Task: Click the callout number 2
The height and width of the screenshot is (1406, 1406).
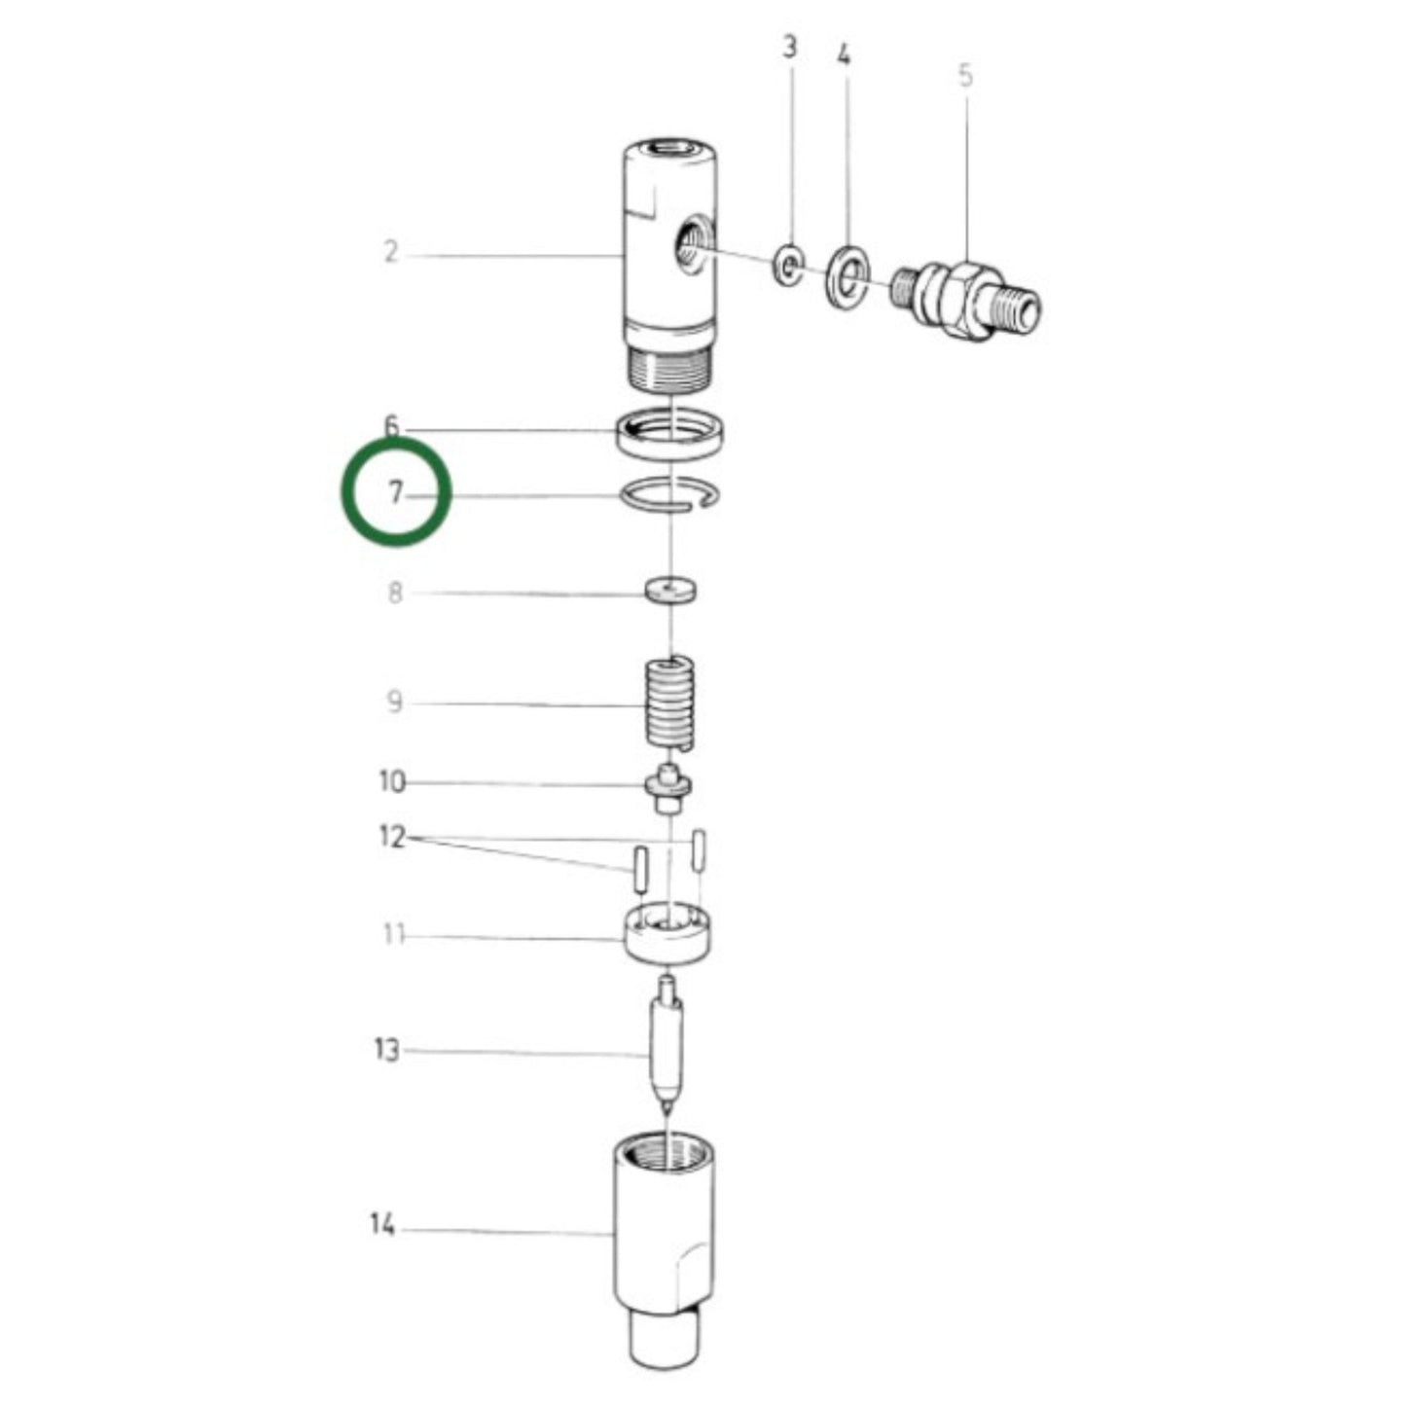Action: [x=390, y=252]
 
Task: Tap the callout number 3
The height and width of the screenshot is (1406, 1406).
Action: [x=790, y=48]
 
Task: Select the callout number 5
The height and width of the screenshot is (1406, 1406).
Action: [x=965, y=75]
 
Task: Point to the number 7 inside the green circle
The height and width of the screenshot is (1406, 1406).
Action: [x=395, y=493]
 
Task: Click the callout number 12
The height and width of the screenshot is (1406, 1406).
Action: [x=391, y=837]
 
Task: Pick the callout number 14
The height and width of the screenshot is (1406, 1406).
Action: [x=382, y=1225]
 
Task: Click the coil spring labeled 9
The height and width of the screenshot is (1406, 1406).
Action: [x=671, y=702]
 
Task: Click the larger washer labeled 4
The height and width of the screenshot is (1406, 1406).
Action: [x=847, y=277]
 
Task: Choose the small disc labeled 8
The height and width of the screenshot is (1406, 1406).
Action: [x=673, y=591]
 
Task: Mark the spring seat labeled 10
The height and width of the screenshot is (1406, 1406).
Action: [x=668, y=788]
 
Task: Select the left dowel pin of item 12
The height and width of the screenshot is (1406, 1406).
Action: [x=639, y=869]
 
